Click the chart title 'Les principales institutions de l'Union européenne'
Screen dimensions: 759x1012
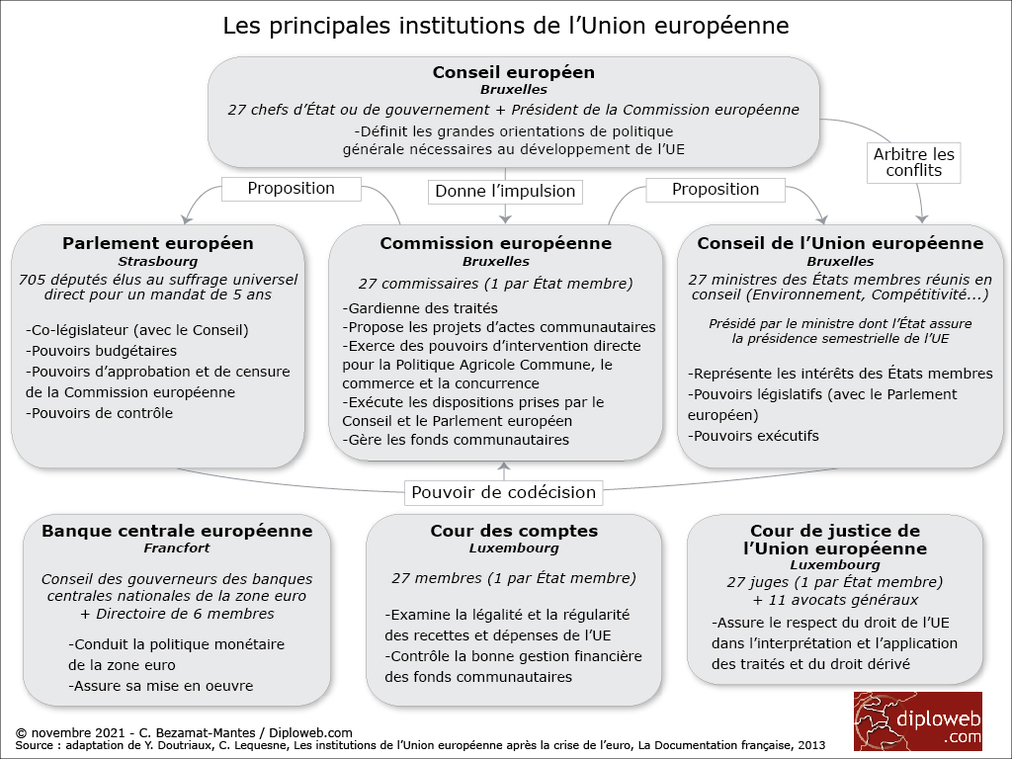click(506, 25)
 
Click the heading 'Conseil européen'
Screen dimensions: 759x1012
click(513, 72)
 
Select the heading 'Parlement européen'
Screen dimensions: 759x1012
click(158, 243)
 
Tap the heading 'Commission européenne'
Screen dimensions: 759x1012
click(496, 243)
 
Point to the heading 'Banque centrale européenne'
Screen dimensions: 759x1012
click(177, 531)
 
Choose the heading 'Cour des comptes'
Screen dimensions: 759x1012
click(514, 531)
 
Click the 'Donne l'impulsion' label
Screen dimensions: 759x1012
click(505, 191)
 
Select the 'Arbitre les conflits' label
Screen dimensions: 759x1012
click(914, 162)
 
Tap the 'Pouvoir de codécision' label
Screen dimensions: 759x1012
click(504, 492)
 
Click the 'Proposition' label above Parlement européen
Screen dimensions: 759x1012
click(291, 188)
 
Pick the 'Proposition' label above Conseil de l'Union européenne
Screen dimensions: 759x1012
click(716, 189)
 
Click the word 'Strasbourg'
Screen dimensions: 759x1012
click(158, 262)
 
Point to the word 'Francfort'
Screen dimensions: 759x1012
click(177, 548)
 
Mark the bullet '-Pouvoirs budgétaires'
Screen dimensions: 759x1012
click(102, 351)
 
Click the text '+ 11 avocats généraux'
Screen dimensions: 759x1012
click(835, 600)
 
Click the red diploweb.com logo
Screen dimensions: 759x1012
click(918, 720)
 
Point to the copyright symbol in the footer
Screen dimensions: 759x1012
click(22, 732)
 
